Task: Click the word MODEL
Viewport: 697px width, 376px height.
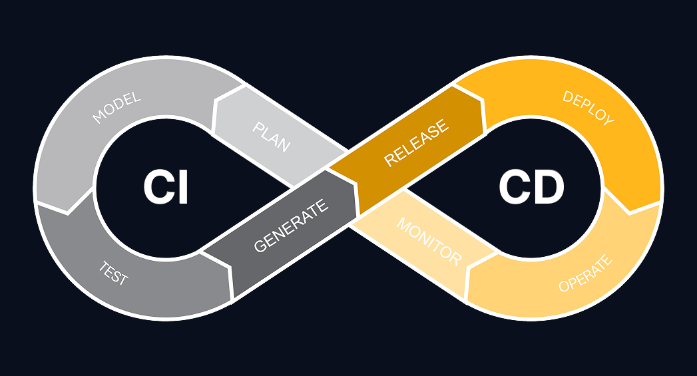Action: click(116, 108)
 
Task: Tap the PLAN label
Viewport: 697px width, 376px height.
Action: click(272, 136)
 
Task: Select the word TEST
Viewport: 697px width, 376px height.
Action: click(113, 273)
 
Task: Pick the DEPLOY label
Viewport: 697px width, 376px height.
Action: click(588, 108)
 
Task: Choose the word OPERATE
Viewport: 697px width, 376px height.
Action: click(585, 274)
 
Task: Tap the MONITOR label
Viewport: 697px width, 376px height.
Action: click(429, 242)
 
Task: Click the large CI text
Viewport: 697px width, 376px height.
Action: click(166, 188)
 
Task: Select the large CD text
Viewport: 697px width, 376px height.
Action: click(531, 188)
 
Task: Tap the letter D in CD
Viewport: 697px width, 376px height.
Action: click(549, 188)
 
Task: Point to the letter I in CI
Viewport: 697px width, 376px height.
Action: click(184, 188)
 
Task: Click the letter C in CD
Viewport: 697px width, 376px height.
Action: click(514, 188)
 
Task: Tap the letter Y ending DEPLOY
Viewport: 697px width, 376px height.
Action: click(608, 120)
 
